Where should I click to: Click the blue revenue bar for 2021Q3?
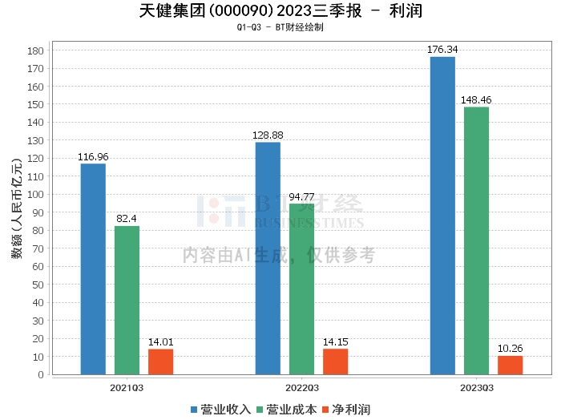93,269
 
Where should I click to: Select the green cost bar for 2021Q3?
127,300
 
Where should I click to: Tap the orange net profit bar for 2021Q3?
160,361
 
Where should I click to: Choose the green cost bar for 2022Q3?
301,289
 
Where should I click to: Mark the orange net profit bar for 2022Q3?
335,361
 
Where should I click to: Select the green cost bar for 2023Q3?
476,240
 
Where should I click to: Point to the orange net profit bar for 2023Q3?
510,365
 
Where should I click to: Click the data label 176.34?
442,50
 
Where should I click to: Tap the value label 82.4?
127,219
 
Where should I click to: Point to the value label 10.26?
510,349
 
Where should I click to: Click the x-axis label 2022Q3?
301,387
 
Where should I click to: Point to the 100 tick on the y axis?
34,195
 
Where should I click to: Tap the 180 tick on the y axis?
34,50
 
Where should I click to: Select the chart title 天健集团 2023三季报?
280,11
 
